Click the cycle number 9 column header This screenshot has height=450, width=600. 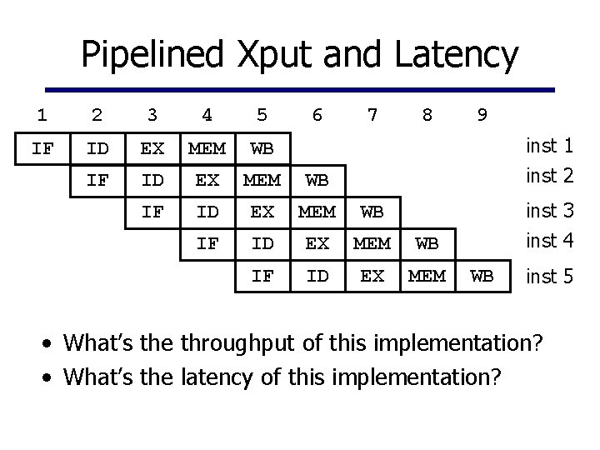click(482, 116)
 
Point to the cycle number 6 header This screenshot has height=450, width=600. click(317, 116)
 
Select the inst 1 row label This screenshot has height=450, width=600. click(549, 147)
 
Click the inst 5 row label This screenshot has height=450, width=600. click(549, 277)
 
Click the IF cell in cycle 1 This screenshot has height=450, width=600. click(42, 150)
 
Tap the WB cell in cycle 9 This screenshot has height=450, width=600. click(482, 276)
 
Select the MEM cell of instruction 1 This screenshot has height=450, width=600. click(207, 150)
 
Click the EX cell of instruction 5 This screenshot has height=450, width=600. click(372, 276)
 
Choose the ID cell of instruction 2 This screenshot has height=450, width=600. click(152, 180)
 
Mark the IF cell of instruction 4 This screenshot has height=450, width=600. click(207, 244)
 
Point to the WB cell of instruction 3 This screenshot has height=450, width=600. click(372, 212)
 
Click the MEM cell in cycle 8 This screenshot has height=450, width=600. click(427, 276)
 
